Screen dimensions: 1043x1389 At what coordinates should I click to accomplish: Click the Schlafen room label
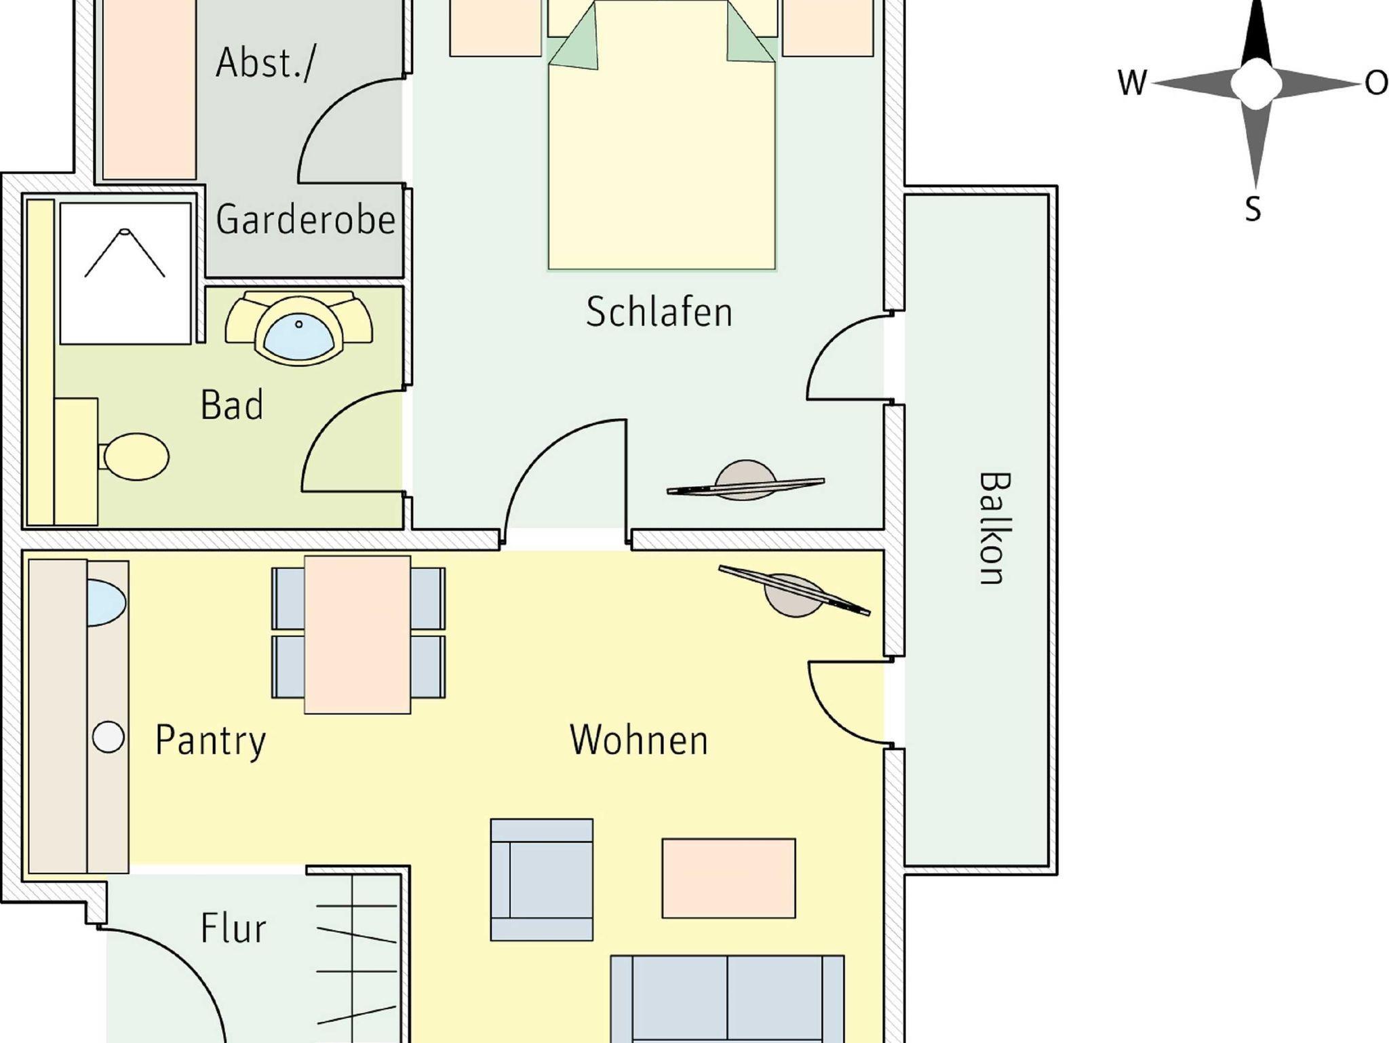(x=659, y=313)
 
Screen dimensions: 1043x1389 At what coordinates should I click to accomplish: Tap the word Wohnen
(x=639, y=740)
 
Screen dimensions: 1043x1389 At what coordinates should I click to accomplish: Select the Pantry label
(x=210, y=740)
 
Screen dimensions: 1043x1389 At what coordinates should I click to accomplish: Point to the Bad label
(x=231, y=406)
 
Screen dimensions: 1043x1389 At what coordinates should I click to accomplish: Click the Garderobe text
(x=305, y=220)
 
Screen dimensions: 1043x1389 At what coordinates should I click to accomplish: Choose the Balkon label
(x=994, y=528)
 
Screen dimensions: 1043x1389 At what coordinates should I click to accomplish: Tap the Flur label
(x=233, y=928)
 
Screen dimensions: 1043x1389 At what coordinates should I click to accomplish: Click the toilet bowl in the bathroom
(x=136, y=456)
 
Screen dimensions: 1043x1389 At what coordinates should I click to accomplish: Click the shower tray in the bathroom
(x=125, y=273)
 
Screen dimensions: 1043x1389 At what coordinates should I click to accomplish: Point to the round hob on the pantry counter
(x=108, y=737)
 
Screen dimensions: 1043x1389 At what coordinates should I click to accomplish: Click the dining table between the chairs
(x=357, y=635)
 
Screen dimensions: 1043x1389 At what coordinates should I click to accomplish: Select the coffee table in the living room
(x=728, y=878)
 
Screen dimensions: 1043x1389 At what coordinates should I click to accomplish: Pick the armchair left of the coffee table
(x=541, y=880)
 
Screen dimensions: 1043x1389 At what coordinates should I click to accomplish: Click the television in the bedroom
(x=746, y=483)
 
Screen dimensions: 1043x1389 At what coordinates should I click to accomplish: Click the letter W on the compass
(x=1131, y=83)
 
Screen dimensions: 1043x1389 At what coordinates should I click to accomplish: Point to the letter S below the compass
(x=1253, y=209)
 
